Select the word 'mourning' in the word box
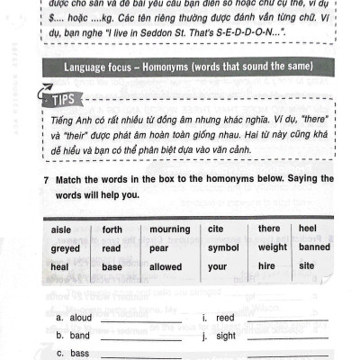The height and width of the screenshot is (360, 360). point(169,229)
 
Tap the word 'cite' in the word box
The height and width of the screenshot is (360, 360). point(216,229)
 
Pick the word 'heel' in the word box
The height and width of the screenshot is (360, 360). point(308,229)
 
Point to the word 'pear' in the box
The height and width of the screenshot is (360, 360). point(159,247)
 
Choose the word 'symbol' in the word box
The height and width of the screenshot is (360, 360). point(223,247)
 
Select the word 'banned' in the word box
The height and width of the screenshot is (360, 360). point(315,247)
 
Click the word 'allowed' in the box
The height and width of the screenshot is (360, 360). point(166,266)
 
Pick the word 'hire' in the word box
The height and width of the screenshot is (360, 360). point(267,266)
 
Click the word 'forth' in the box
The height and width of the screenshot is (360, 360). point(112,229)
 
